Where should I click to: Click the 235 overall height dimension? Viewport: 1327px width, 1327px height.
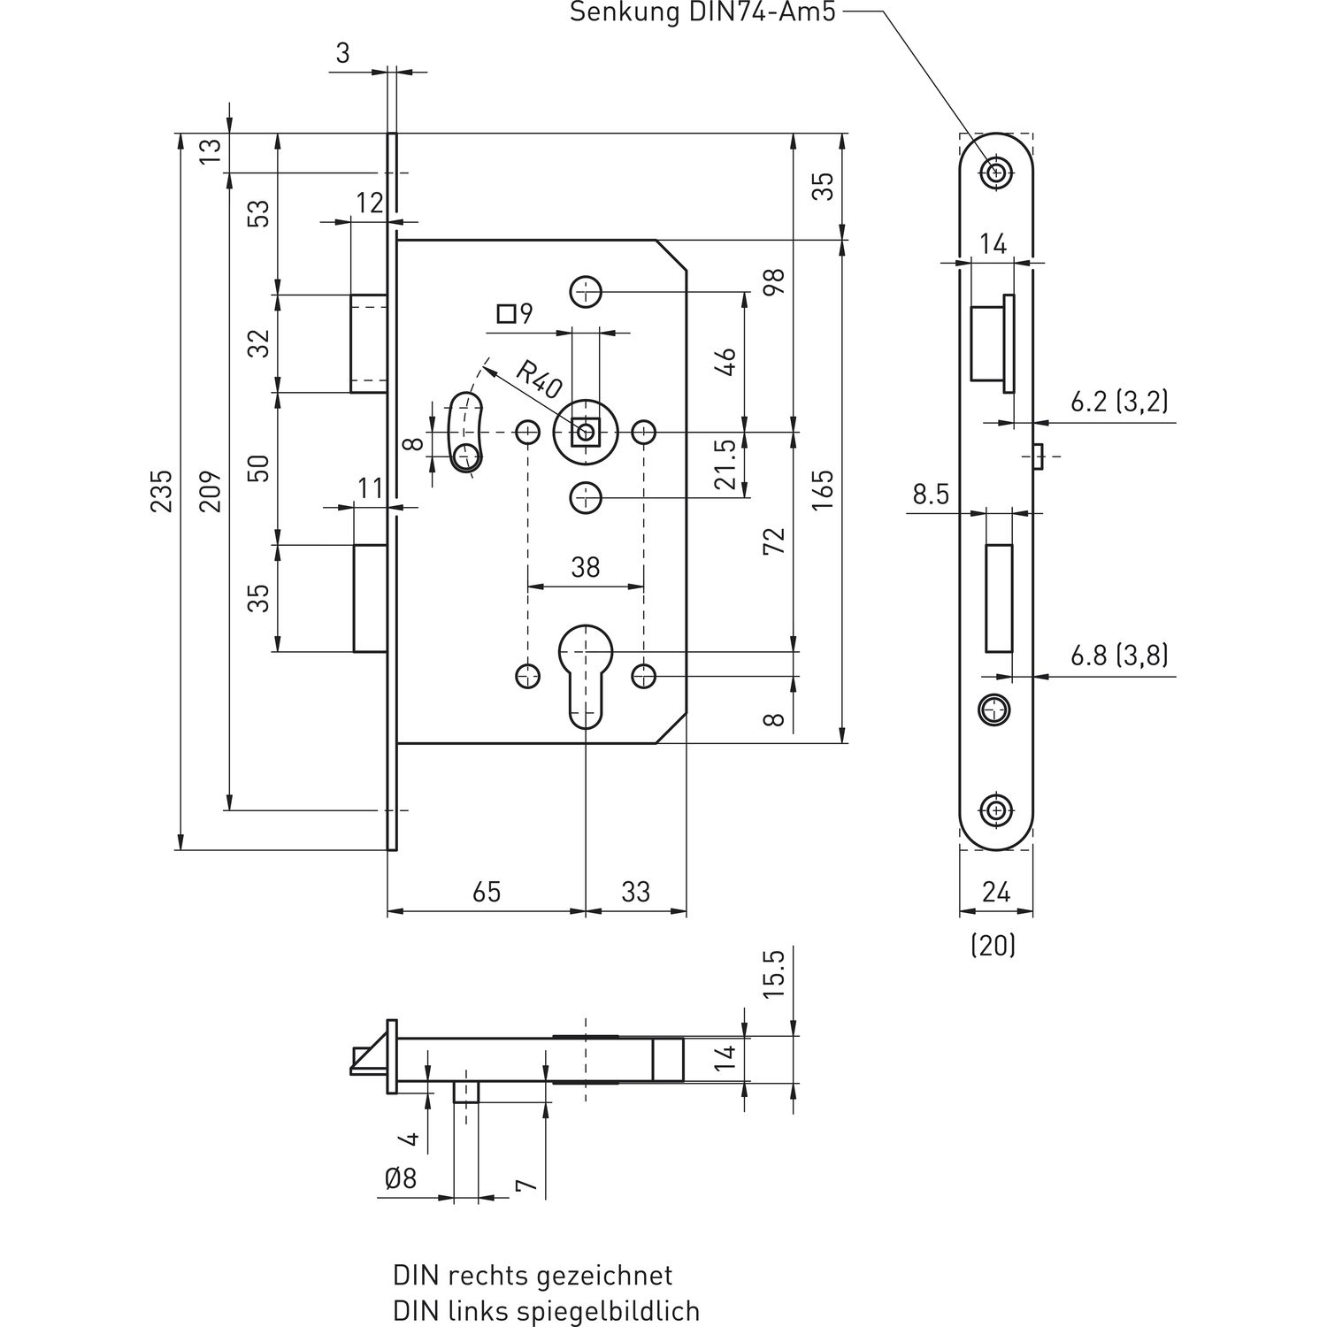click(161, 492)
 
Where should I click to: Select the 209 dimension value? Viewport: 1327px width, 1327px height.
click(211, 492)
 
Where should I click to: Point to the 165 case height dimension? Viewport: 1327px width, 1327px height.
click(823, 492)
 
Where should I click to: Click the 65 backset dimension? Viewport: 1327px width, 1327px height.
click(487, 891)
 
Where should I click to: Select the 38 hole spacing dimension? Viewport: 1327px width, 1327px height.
click(586, 566)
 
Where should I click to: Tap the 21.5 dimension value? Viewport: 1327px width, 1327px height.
click(725, 464)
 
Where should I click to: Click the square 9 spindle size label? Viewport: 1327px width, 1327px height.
click(516, 312)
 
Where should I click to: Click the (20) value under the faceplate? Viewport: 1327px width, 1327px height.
click(993, 946)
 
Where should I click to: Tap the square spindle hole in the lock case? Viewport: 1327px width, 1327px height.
click(585, 433)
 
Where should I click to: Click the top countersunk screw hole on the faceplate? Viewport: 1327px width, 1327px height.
click(996, 173)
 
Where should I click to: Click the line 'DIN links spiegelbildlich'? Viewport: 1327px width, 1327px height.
click(546, 1310)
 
